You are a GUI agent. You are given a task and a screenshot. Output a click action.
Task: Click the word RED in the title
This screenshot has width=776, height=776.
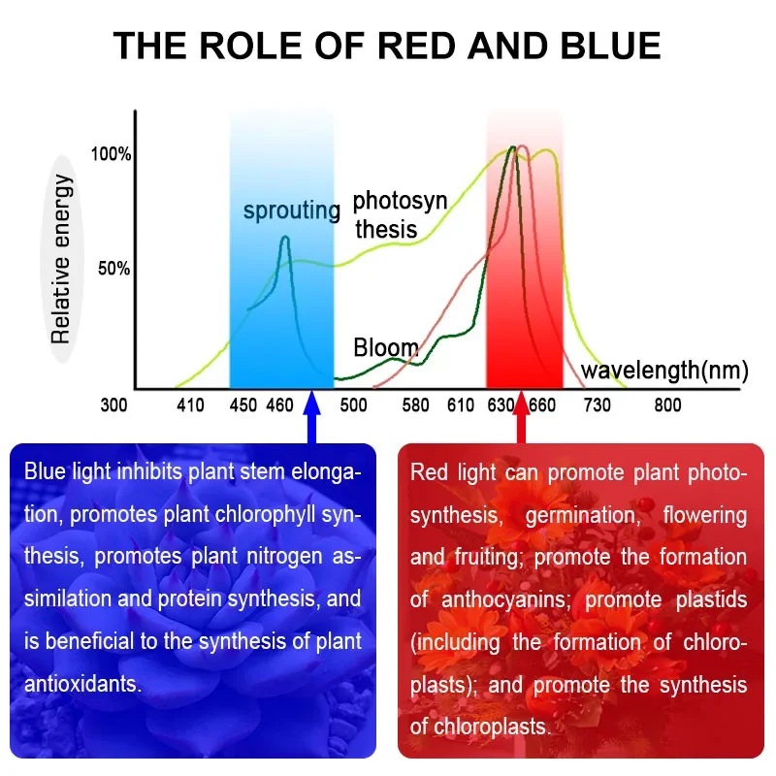[x=417, y=46]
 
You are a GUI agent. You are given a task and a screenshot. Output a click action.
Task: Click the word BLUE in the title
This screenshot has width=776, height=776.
[x=611, y=46]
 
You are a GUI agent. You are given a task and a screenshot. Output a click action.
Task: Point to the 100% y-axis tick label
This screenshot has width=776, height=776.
[x=111, y=154]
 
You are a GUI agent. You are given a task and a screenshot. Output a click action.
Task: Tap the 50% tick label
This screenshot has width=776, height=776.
[x=113, y=269]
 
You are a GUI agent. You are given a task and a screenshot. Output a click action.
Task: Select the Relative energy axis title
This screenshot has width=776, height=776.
[x=61, y=259]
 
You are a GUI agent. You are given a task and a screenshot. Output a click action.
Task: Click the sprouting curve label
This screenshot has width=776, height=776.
[x=292, y=210]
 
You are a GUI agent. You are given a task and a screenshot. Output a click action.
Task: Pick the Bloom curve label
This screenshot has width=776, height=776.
[x=386, y=347]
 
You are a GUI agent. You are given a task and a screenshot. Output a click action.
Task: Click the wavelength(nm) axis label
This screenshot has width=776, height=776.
[x=664, y=371]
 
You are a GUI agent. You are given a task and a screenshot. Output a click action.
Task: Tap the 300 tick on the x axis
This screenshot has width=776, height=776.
[x=113, y=405]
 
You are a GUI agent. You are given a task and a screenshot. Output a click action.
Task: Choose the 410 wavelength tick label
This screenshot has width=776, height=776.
[x=190, y=405]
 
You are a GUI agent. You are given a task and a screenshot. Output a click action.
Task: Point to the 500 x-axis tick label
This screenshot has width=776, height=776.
[x=353, y=405]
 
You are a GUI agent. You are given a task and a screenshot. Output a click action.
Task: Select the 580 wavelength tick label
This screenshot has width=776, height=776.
[x=415, y=405]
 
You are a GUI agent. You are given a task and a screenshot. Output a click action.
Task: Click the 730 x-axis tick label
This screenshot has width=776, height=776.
[x=597, y=405]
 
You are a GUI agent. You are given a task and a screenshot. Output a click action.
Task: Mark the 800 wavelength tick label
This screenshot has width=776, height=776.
[x=667, y=405]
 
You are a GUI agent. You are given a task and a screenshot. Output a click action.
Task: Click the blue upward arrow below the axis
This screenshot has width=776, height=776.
[x=311, y=417]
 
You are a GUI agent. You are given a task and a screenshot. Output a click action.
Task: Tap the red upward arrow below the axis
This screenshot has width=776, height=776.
[x=521, y=417]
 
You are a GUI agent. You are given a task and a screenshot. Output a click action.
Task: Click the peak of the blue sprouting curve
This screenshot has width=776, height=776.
[x=285, y=237]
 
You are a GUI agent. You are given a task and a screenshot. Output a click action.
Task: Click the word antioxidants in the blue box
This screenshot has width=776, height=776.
[x=83, y=684]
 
